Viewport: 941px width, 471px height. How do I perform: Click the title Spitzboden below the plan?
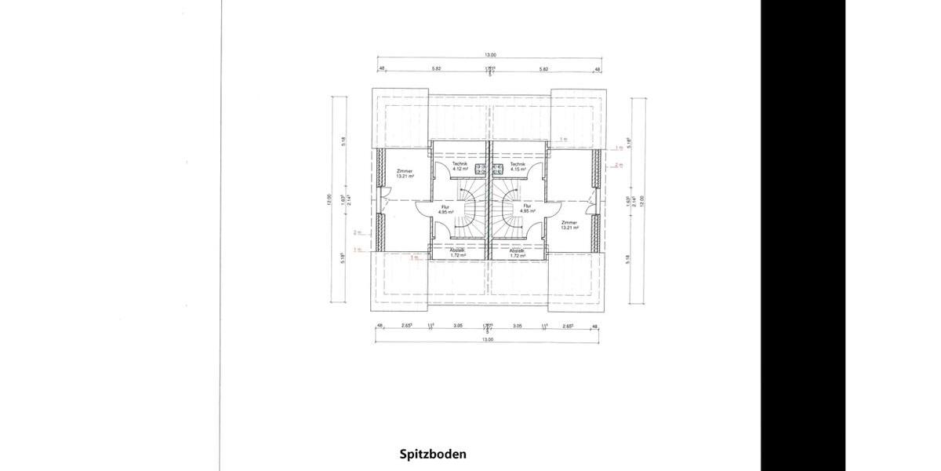tap(433, 454)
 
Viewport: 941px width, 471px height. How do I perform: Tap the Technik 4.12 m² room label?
tap(460, 166)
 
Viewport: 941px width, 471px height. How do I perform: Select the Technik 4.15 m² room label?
tap(517, 166)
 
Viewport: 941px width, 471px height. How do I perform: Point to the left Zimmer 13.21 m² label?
tap(405, 173)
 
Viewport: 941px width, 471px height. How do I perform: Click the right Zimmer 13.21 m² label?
tap(569, 225)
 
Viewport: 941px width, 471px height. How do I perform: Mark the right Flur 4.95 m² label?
tap(526, 209)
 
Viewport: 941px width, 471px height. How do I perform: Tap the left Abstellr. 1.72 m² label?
tap(459, 253)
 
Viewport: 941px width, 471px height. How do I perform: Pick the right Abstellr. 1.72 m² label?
tap(517, 253)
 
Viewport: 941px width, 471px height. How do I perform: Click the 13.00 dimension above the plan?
tap(490, 56)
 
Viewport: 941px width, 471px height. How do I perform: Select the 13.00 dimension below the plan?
tap(487, 340)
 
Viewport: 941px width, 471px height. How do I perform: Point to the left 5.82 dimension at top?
tap(436, 69)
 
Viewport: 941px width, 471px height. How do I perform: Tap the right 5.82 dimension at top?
tap(543, 69)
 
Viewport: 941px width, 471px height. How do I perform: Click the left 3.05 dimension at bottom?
tap(458, 325)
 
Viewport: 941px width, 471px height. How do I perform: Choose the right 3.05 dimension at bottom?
tap(517, 325)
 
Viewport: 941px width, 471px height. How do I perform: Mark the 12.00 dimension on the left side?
tap(330, 199)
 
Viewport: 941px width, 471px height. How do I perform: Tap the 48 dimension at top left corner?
tap(382, 69)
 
